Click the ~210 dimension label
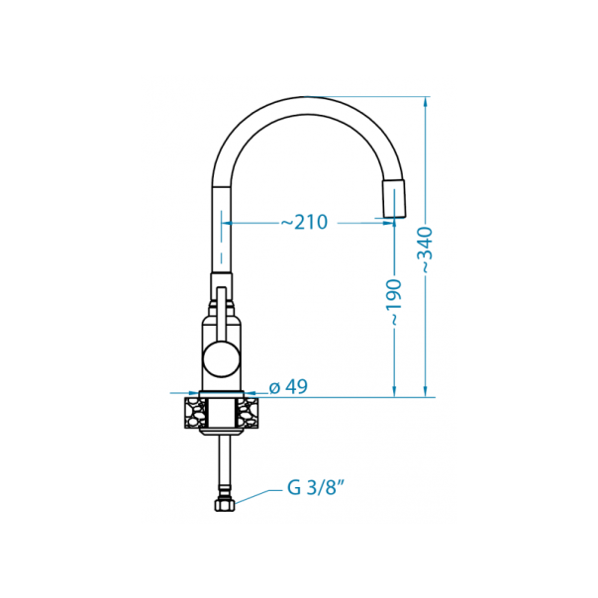pos(304,223)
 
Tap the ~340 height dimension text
pos(426,250)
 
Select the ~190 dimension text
pos(394,303)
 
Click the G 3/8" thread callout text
pos(315,487)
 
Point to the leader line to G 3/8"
pos(257,495)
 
